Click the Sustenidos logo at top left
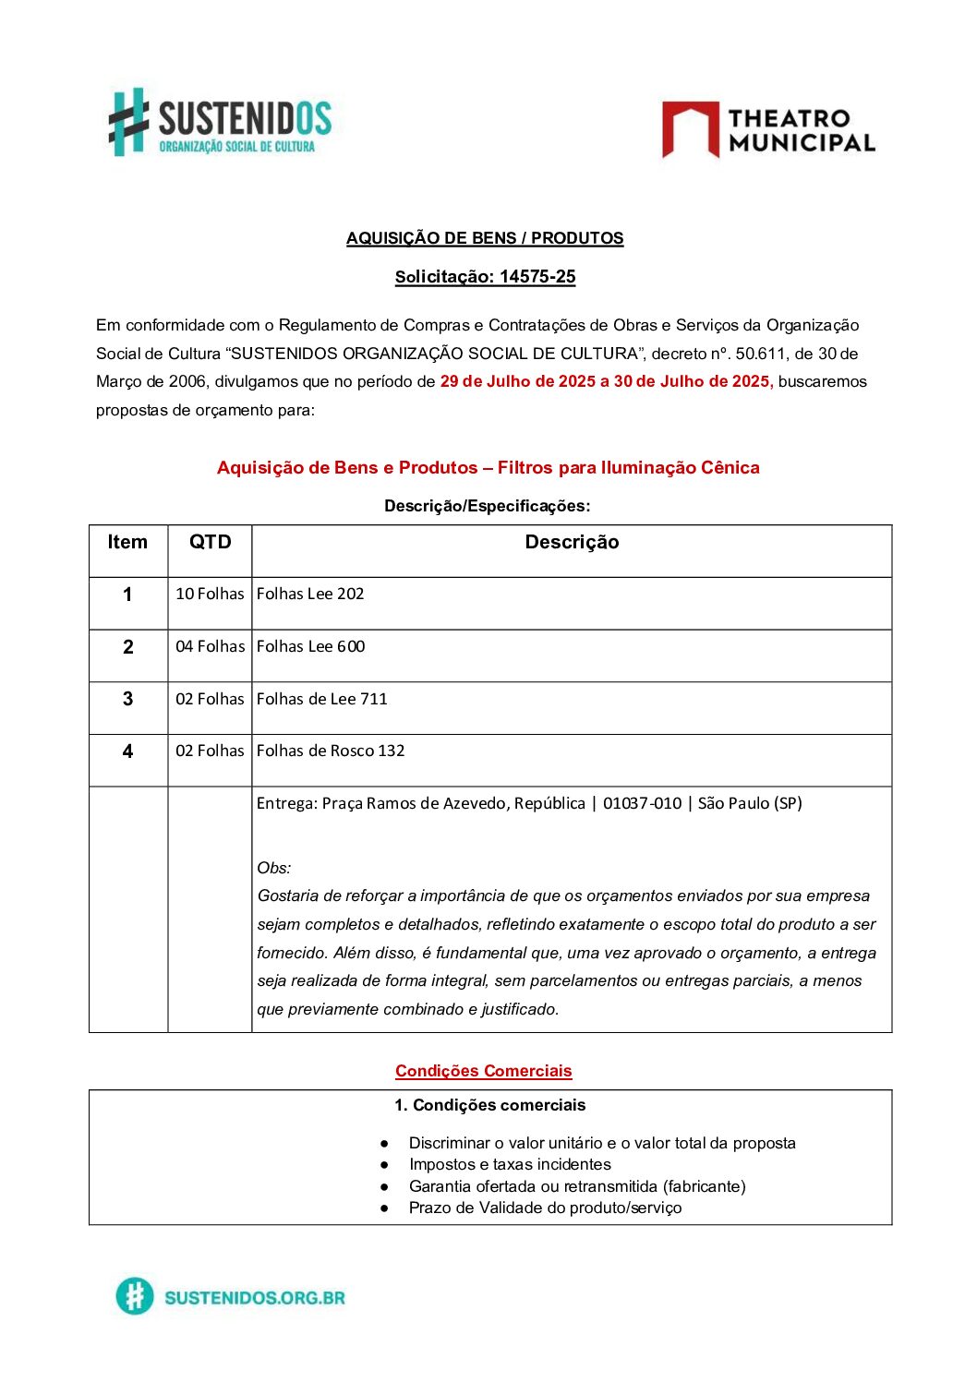220,122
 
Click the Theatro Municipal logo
768,130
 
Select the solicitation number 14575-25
537,277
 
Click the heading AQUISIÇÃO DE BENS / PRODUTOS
485,238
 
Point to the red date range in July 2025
606,381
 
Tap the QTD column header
210,543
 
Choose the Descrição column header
572,543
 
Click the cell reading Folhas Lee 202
310,594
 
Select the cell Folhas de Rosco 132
331,751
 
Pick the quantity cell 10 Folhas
210,594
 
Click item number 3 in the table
128,699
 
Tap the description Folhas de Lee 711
321,699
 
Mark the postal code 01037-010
642,803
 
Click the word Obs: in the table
274,868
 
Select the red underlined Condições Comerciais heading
484,1071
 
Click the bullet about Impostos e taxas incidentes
510,1164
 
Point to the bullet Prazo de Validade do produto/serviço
545,1208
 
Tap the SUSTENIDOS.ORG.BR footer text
255,1297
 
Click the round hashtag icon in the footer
135,1296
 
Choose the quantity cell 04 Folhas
210,646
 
